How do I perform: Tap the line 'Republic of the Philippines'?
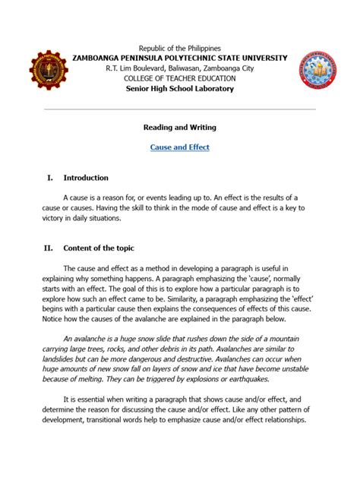click(x=179, y=47)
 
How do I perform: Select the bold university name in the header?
click(x=180, y=58)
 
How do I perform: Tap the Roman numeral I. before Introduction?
click(x=49, y=178)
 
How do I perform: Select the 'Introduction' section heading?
click(x=86, y=178)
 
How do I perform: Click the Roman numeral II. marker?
click(x=49, y=248)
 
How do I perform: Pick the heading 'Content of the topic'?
click(x=99, y=248)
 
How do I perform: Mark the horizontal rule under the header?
click(x=180, y=109)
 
